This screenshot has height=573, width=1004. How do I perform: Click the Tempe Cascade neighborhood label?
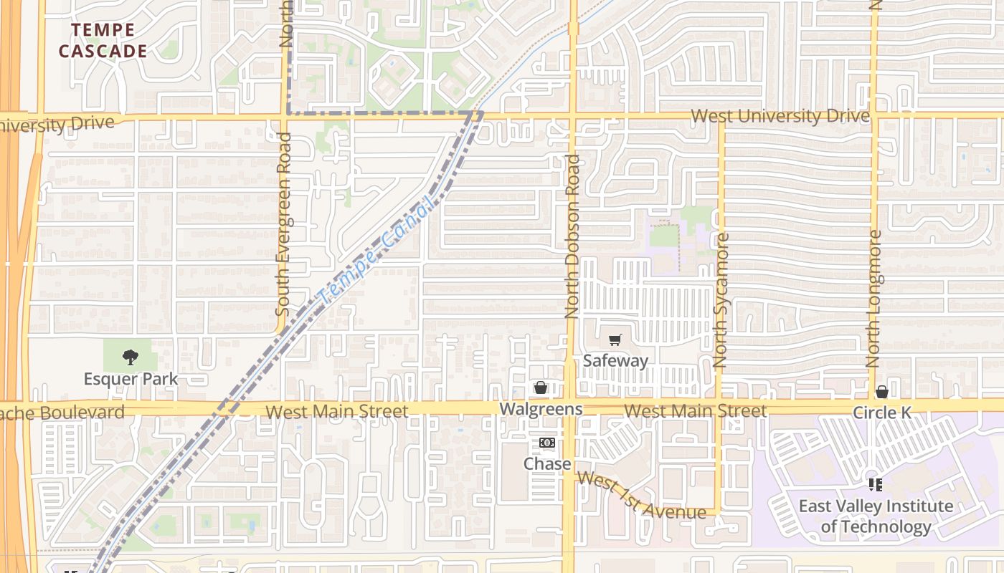point(103,41)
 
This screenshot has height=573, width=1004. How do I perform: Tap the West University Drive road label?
point(780,116)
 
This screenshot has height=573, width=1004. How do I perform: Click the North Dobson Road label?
point(572,236)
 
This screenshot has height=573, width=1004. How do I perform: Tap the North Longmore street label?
point(875,299)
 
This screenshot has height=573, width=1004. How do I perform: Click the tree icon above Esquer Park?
point(130,356)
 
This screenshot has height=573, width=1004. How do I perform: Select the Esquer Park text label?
point(131,378)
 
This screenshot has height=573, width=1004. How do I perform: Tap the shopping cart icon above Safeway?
point(615,340)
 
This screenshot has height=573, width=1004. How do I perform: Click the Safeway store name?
point(615,360)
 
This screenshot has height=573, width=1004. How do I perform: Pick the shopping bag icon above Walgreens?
point(541,387)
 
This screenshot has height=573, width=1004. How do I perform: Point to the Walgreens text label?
point(541,409)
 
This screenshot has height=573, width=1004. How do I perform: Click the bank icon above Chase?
point(547,443)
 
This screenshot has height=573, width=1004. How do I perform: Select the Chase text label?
point(547,463)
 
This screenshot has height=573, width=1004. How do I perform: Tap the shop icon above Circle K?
point(882,392)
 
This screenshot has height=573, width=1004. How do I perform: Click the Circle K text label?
point(882,413)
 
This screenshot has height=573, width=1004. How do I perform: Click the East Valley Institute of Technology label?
point(876,516)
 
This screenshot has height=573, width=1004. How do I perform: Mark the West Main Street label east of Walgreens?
point(695,411)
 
